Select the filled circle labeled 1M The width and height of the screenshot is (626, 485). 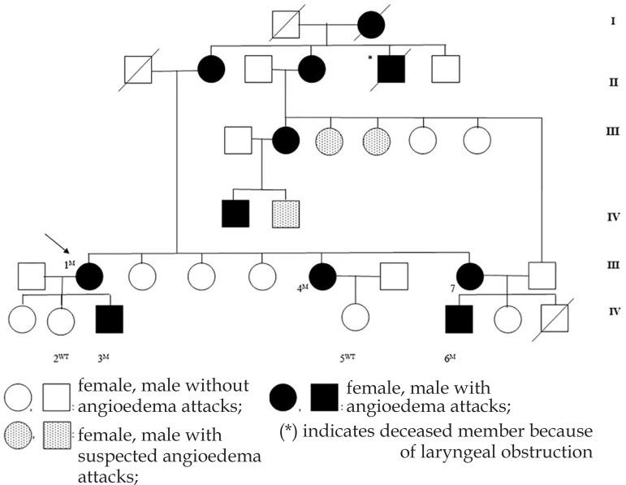(x=90, y=277)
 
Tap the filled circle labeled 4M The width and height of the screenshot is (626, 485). (x=323, y=277)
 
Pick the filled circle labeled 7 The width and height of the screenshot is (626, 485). (x=470, y=277)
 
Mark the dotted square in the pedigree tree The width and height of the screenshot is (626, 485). (x=286, y=214)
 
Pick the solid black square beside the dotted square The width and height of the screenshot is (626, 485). (x=235, y=214)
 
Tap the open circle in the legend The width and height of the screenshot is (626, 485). (x=18, y=396)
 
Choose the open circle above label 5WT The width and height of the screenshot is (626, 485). (x=355, y=318)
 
